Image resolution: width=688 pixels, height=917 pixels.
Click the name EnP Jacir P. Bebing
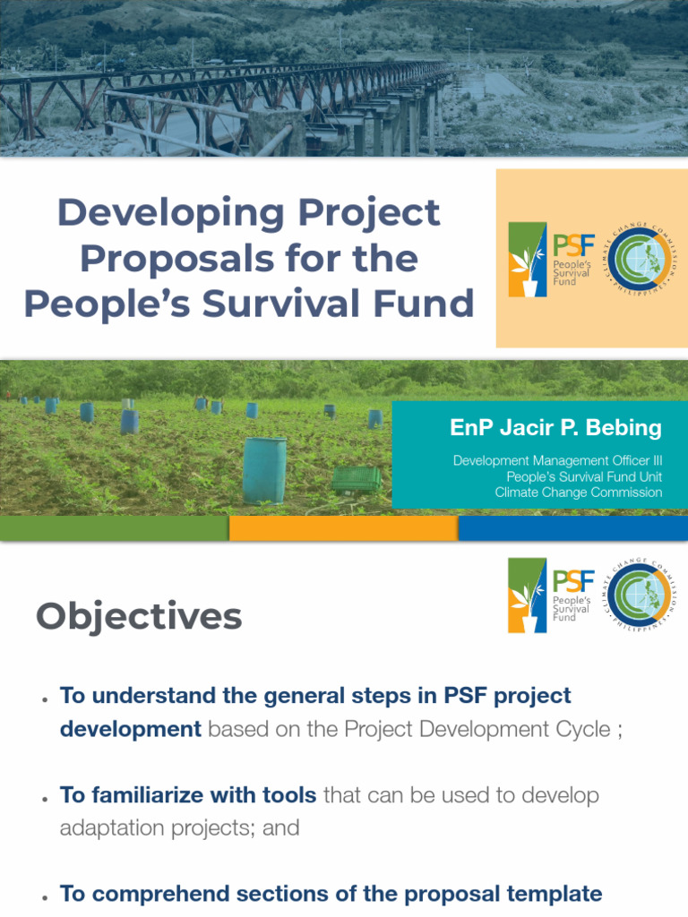point(555,428)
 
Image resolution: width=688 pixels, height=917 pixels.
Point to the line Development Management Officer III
point(557,460)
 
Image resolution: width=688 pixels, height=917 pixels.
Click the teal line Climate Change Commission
point(579,492)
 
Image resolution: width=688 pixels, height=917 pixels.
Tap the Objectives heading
point(139,616)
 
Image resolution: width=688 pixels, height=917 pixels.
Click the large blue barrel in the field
point(264,470)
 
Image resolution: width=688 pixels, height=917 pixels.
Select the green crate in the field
point(357,479)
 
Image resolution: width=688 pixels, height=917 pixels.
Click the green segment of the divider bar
point(114,528)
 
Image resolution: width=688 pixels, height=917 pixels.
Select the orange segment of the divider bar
point(343,528)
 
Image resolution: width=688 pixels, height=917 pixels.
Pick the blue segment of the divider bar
point(573,528)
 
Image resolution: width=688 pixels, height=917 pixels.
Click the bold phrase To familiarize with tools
point(188,795)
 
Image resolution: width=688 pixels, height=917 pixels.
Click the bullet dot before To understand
point(44,698)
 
